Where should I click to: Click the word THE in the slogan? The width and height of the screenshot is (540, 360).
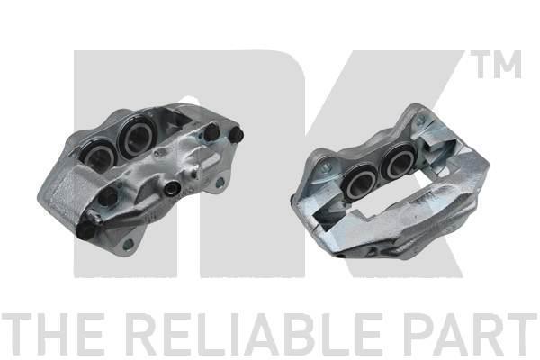click(52, 334)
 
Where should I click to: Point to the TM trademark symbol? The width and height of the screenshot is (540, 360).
click(496, 64)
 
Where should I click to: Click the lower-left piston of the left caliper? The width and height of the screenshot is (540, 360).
click(99, 156)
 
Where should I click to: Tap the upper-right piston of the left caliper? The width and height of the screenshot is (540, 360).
click(137, 134)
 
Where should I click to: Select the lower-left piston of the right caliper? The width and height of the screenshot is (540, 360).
click(361, 182)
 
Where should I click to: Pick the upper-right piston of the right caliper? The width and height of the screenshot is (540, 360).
click(398, 160)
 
